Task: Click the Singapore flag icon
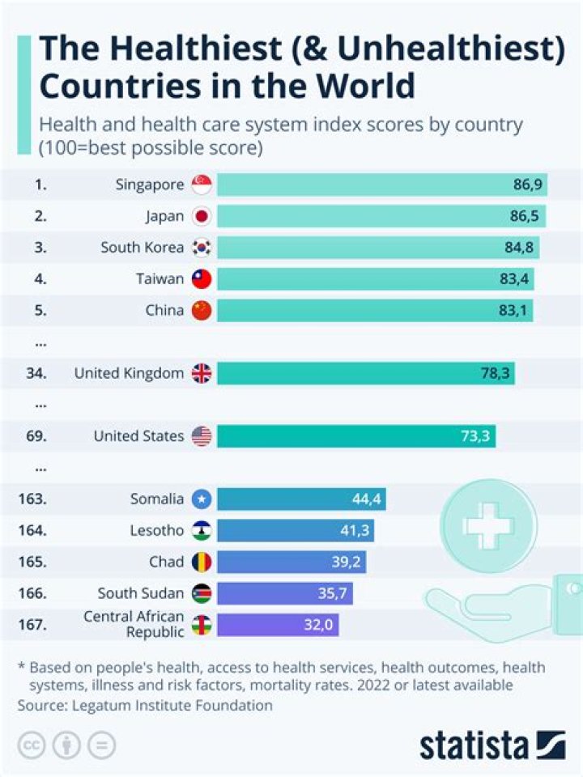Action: pos(202,185)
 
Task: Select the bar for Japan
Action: pos(381,216)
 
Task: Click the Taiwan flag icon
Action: pos(202,279)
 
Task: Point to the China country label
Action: pos(164,311)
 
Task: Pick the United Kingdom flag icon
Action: pos(202,373)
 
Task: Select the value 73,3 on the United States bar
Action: pos(474,436)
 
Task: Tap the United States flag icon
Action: pos(202,436)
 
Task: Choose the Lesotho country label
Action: pos(157,531)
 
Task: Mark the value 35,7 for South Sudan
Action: pos(332,594)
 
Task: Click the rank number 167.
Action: pos(32,625)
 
